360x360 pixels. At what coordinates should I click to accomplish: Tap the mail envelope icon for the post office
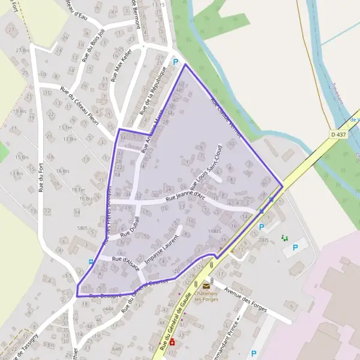206,286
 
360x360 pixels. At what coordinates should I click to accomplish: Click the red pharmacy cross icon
172,342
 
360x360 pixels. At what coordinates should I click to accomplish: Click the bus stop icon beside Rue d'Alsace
91,262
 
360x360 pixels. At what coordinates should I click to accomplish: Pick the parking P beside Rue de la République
175,62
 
